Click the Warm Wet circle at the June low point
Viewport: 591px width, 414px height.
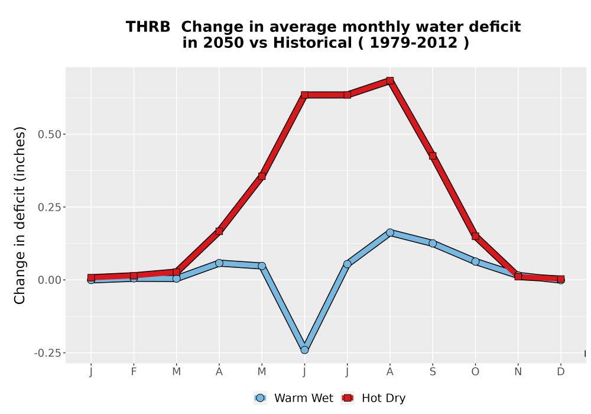[304, 350]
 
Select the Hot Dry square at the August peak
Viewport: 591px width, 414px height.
[390, 80]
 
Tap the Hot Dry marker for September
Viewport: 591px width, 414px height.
[433, 156]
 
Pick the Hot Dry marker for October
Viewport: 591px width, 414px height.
[475, 237]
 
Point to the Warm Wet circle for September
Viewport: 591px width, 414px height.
[433, 244]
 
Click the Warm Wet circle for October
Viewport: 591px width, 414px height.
[475, 261]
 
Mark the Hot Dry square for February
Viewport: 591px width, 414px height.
[134, 276]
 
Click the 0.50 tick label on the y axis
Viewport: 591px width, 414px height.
[50, 134]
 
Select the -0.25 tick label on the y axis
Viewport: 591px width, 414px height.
[47, 353]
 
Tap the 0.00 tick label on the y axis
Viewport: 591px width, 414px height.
[50, 280]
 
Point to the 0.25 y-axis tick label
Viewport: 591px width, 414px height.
[50, 208]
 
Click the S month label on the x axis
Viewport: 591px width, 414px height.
[433, 372]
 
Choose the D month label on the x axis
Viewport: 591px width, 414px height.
[561, 372]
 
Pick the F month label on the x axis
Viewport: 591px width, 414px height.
[134, 372]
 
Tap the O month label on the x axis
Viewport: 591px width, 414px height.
[475, 372]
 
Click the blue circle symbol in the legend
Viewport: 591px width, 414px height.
[260, 398]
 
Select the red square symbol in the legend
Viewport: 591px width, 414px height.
[348, 398]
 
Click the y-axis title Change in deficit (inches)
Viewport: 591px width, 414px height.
[20, 216]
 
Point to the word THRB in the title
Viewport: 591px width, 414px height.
[148, 27]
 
